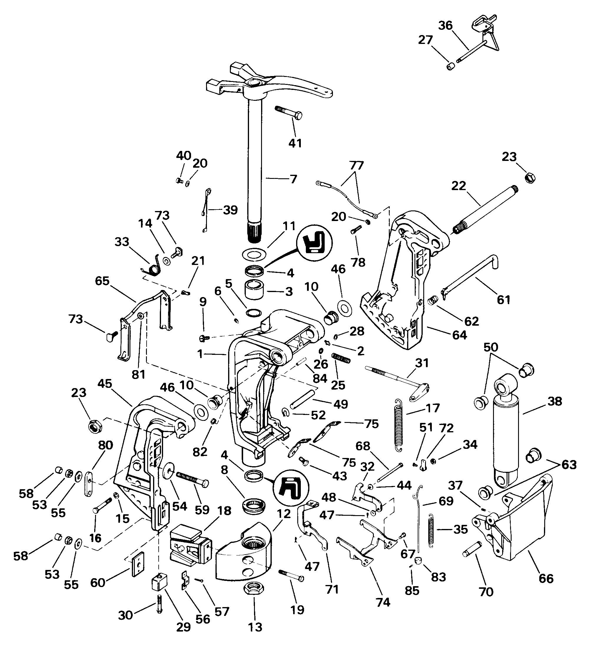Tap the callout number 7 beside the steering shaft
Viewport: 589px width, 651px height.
[293, 179]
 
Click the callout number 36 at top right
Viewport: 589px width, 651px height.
[445, 25]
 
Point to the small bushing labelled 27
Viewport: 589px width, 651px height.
[451, 67]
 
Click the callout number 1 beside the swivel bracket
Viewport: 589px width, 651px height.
[200, 354]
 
